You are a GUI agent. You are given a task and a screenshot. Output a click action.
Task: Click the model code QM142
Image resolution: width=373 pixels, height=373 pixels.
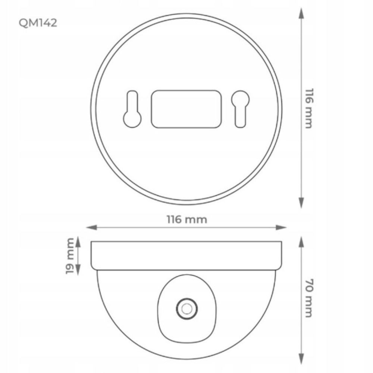pos(38,23)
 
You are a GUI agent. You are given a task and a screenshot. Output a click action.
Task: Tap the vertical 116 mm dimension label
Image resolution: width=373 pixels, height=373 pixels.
pos(309,109)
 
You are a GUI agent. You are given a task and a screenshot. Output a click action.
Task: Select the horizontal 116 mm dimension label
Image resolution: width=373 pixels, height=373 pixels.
pos(187,219)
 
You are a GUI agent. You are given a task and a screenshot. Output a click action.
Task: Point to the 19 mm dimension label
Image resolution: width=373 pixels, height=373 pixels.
pos(70,256)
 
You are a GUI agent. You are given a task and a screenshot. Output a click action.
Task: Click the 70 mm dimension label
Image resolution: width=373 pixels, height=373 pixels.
pos(309,298)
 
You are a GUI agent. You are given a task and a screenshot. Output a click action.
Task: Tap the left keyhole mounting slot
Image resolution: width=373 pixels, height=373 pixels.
pos(132,109)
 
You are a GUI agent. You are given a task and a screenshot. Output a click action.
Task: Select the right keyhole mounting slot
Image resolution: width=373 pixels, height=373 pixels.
pos(240,109)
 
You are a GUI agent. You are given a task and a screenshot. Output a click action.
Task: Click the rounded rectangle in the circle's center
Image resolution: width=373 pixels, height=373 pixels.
pos(186,109)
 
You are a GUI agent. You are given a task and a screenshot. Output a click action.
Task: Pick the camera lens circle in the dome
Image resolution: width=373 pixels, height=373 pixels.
pos(187,309)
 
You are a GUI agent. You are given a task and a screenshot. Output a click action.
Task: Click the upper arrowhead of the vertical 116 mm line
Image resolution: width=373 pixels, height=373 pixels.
pos(301,13)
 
